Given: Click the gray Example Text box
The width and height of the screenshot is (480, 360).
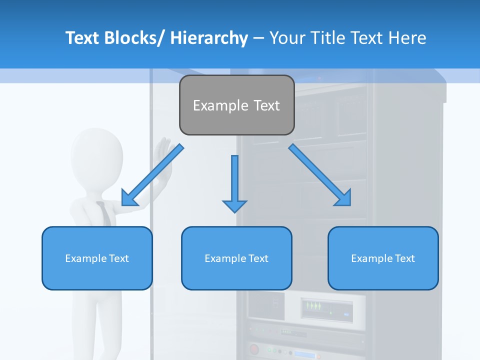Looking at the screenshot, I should coord(236,105).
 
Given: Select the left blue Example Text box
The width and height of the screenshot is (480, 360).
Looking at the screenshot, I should coord(97,258).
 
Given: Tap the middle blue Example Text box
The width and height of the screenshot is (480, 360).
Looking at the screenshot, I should coord(236,258).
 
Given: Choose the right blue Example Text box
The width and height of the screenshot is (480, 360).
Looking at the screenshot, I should coord(383,258).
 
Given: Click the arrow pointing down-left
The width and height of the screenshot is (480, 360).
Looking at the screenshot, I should coord(152,175).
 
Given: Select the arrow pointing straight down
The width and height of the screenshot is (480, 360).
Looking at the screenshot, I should coord(234,182).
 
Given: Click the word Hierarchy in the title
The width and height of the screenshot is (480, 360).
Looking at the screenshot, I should coord(209,38).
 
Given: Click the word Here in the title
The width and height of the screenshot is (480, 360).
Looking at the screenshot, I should coord(407,38).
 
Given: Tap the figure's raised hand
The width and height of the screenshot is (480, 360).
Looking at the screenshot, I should coord(163,155).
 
